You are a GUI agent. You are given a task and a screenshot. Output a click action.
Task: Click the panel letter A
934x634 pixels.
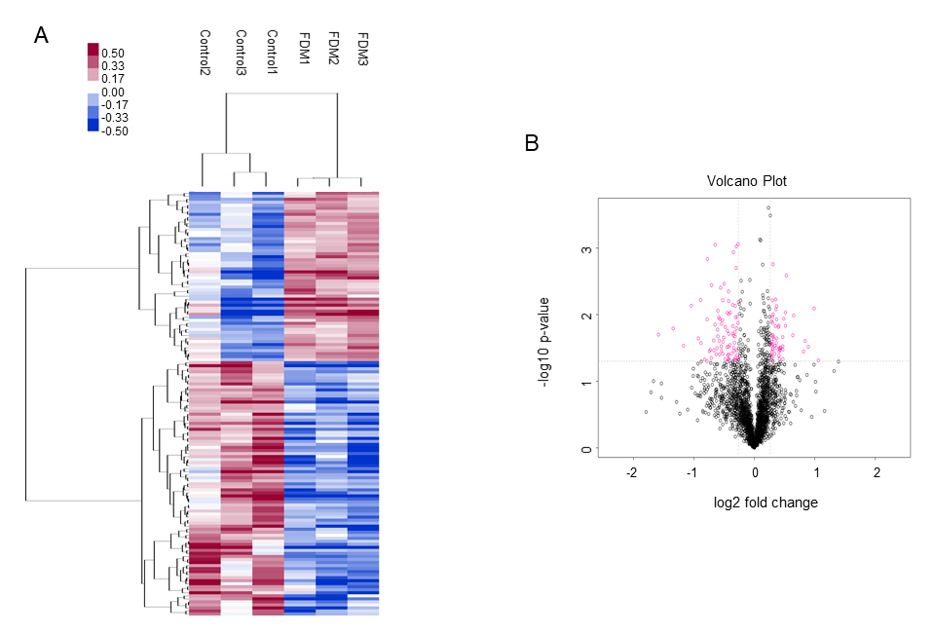pyautogui.click(x=41, y=36)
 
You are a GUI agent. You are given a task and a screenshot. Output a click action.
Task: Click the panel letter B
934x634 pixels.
pyautogui.click(x=532, y=143)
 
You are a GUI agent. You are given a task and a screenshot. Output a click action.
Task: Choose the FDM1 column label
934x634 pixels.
pyautogui.click(x=303, y=48)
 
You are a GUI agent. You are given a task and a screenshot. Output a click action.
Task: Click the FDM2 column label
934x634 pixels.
pyautogui.click(x=332, y=48)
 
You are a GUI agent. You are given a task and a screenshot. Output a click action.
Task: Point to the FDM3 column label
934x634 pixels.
pyautogui.click(x=362, y=48)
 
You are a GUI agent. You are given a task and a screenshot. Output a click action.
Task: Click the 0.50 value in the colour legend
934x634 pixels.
pyautogui.click(x=113, y=54)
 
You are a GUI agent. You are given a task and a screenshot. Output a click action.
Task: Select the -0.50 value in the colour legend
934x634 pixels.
pyautogui.click(x=115, y=131)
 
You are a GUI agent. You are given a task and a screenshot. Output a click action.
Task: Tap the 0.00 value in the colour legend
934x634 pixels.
pyautogui.click(x=113, y=93)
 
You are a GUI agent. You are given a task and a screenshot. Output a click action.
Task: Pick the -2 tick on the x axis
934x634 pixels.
pyautogui.click(x=633, y=472)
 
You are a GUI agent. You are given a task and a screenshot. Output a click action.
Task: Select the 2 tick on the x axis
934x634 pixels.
pyautogui.click(x=877, y=472)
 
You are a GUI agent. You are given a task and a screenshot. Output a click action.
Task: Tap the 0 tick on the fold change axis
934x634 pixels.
pyautogui.click(x=755, y=472)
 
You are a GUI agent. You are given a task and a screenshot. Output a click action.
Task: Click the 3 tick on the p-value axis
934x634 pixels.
pyautogui.click(x=584, y=249)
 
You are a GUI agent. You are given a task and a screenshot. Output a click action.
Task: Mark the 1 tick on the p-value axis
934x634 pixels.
pyautogui.click(x=584, y=383)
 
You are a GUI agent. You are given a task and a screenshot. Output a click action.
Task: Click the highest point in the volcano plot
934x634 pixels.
pyautogui.click(x=768, y=207)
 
